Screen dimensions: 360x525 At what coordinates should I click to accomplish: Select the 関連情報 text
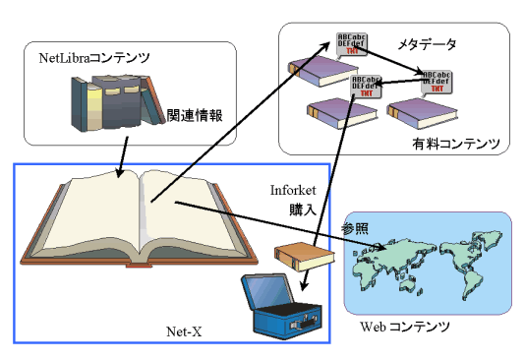coord(195,115)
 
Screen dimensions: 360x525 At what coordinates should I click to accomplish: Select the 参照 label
coord(354,227)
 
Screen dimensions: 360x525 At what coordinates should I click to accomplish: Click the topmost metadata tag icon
coord(351,44)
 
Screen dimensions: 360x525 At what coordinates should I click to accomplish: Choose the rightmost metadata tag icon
coord(437,82)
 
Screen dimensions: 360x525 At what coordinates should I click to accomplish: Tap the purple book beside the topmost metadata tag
coord(319,70)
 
